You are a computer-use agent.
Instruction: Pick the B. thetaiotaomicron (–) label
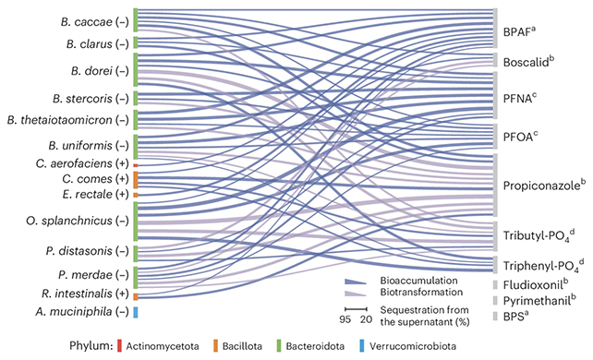coord(67,119)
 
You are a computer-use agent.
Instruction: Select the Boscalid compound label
coord(527,62)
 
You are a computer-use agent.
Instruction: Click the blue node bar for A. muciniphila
coord(136,286)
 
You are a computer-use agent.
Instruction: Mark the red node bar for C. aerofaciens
coord(136,164)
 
